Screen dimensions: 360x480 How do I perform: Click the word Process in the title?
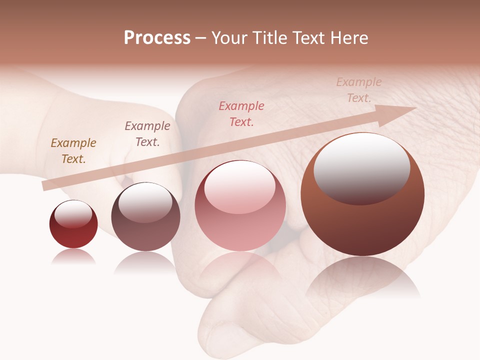point(157,38)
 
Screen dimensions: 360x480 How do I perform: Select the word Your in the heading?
point(230,38)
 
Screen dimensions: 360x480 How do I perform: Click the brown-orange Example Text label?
point(73,150)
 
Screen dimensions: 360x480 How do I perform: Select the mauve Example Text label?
point(147,133)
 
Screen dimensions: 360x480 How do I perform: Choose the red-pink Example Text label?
point(241,113)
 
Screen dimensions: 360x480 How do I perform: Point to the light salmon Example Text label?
point(359,89)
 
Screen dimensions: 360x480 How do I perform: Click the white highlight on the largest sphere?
point(361,167)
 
